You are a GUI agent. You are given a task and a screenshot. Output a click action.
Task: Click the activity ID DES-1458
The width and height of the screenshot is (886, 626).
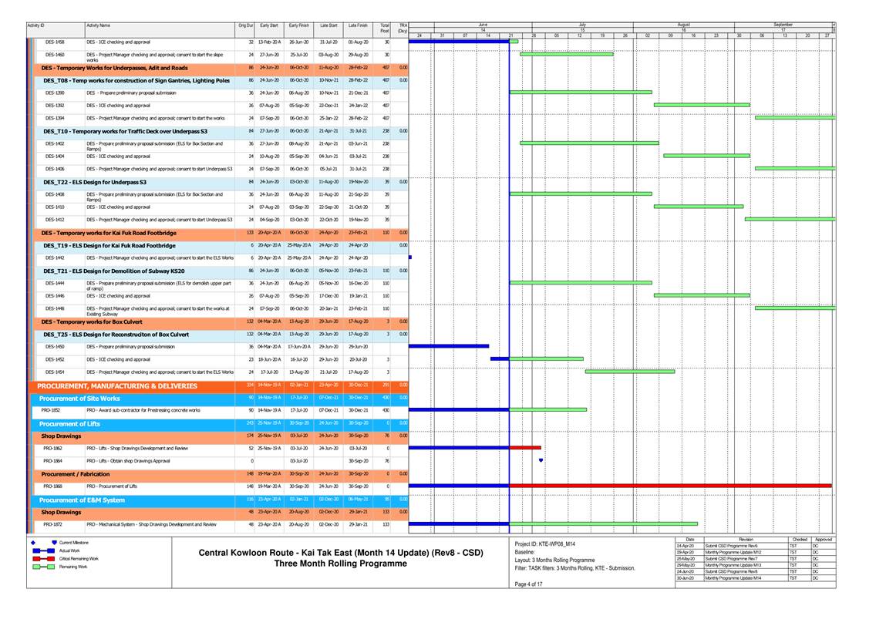pyautogui.click(x=55, y=42)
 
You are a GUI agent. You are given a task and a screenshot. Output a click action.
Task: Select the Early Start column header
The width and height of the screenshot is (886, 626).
pyautogui.click(x=268, y=25)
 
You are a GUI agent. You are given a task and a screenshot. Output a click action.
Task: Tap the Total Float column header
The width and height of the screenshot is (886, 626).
pyautogui.click(x=384, y=29)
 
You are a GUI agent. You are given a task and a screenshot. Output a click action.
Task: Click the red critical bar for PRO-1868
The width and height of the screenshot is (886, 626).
pyautogui.click(x=670, y=486)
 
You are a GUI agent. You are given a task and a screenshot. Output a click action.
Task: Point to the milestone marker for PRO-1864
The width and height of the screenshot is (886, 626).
pyautogui.click(x=541, y=460)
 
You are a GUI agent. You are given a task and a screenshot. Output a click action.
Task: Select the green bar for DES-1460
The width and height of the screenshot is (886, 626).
pyautogui.click(x=566, y=54)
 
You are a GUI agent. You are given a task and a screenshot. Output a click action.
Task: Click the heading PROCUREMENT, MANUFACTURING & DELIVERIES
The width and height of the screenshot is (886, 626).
pyautogui.click(x=117, y=385)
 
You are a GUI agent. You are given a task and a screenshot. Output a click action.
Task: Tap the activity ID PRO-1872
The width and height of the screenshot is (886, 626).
pyautogui.click(x=53, y=524)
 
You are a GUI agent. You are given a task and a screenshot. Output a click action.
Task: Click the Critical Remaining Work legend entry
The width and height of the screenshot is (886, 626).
pyautogui.click(x=80, y=558)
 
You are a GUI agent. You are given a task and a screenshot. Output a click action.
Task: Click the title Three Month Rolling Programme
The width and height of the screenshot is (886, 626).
pyautogui.click(x=341, y=564)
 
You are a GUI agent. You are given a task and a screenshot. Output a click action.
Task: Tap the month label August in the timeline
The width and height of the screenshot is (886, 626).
pyautogui.click(x=684, y=25)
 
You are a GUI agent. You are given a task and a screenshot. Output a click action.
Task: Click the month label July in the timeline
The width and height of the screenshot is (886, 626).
pyautogui.click(x=581, y=25)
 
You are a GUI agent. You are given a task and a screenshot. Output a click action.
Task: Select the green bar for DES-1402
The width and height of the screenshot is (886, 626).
pyautogui.click(x=589, y=143)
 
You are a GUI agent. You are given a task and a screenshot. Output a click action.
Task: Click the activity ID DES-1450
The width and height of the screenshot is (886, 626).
pyautogui.click(x=54, y=347)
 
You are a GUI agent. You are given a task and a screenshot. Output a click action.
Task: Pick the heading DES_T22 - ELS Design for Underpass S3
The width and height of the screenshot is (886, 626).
pyautogui.click(x=95, y=182)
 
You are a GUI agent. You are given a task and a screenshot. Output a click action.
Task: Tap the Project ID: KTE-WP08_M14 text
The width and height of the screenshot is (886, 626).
pyautogui.click(x=545, y=544)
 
